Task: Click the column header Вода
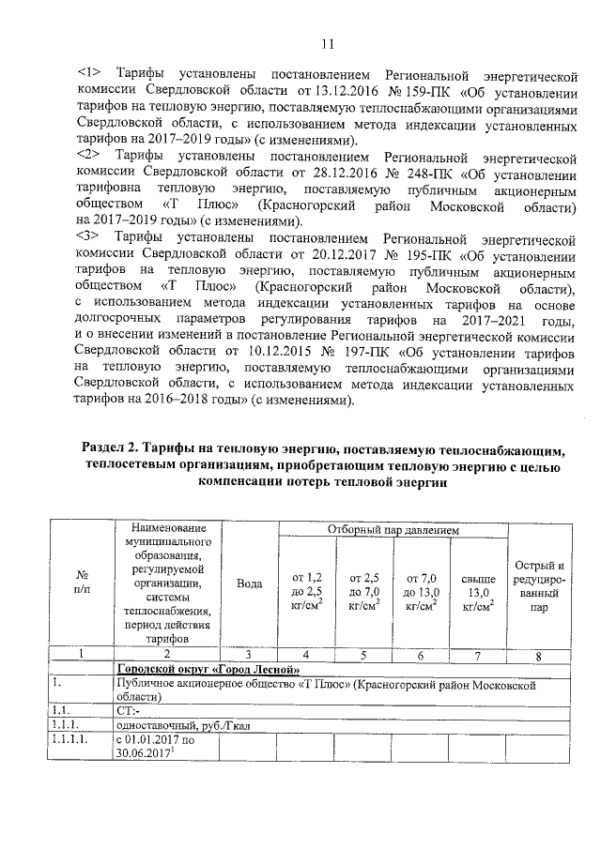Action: tap(250, 583)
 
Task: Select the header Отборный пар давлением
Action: tap(393, 531)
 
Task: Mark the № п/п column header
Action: tap(82, 583)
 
